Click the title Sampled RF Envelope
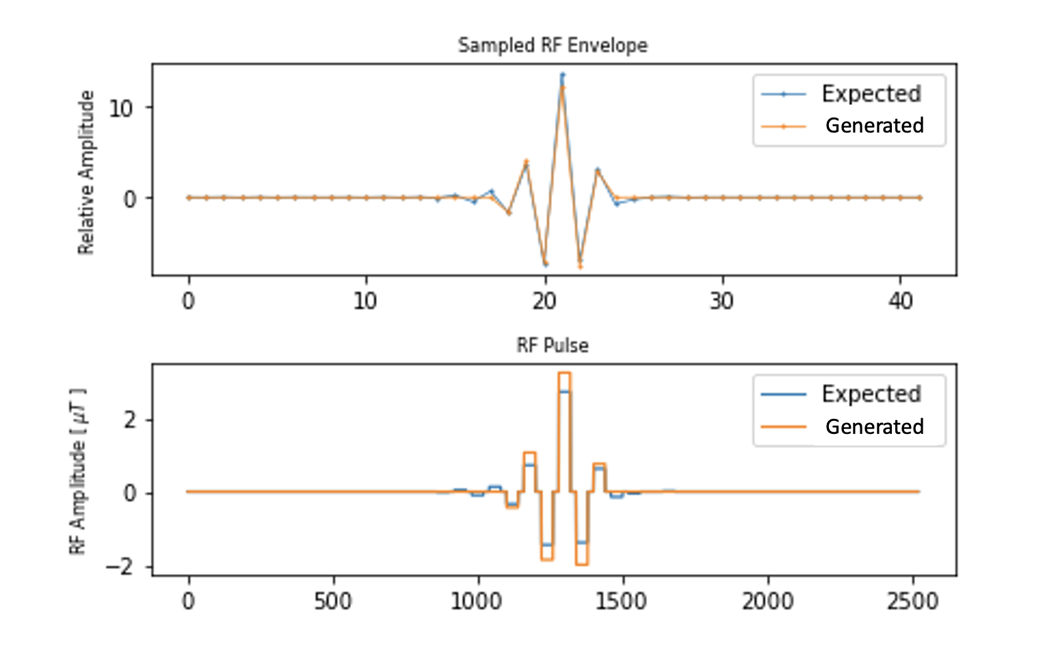click(x=553, y=46)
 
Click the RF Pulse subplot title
click(x=553, y=346)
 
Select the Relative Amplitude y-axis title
click(x=86, y=172)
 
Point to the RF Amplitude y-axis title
click(x=78, y=471)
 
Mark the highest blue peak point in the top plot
click(x=562, y=74)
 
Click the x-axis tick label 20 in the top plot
click(x=545, y=301)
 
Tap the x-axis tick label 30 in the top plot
click(x=722, y=301)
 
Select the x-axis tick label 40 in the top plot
click(x=901, y=301)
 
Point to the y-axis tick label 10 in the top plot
click(x=121, y=109)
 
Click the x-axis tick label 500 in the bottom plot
click(x=333, y=601)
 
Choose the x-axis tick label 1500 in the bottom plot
click(x=621, y=601)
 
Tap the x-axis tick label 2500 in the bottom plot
click(x=912, y=601)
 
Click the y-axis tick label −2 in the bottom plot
click(x=120, y=567)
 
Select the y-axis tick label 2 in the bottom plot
click(x=130, y=420)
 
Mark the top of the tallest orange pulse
click(x=564, y=373)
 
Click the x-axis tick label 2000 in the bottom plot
click(x=768, y=601)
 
